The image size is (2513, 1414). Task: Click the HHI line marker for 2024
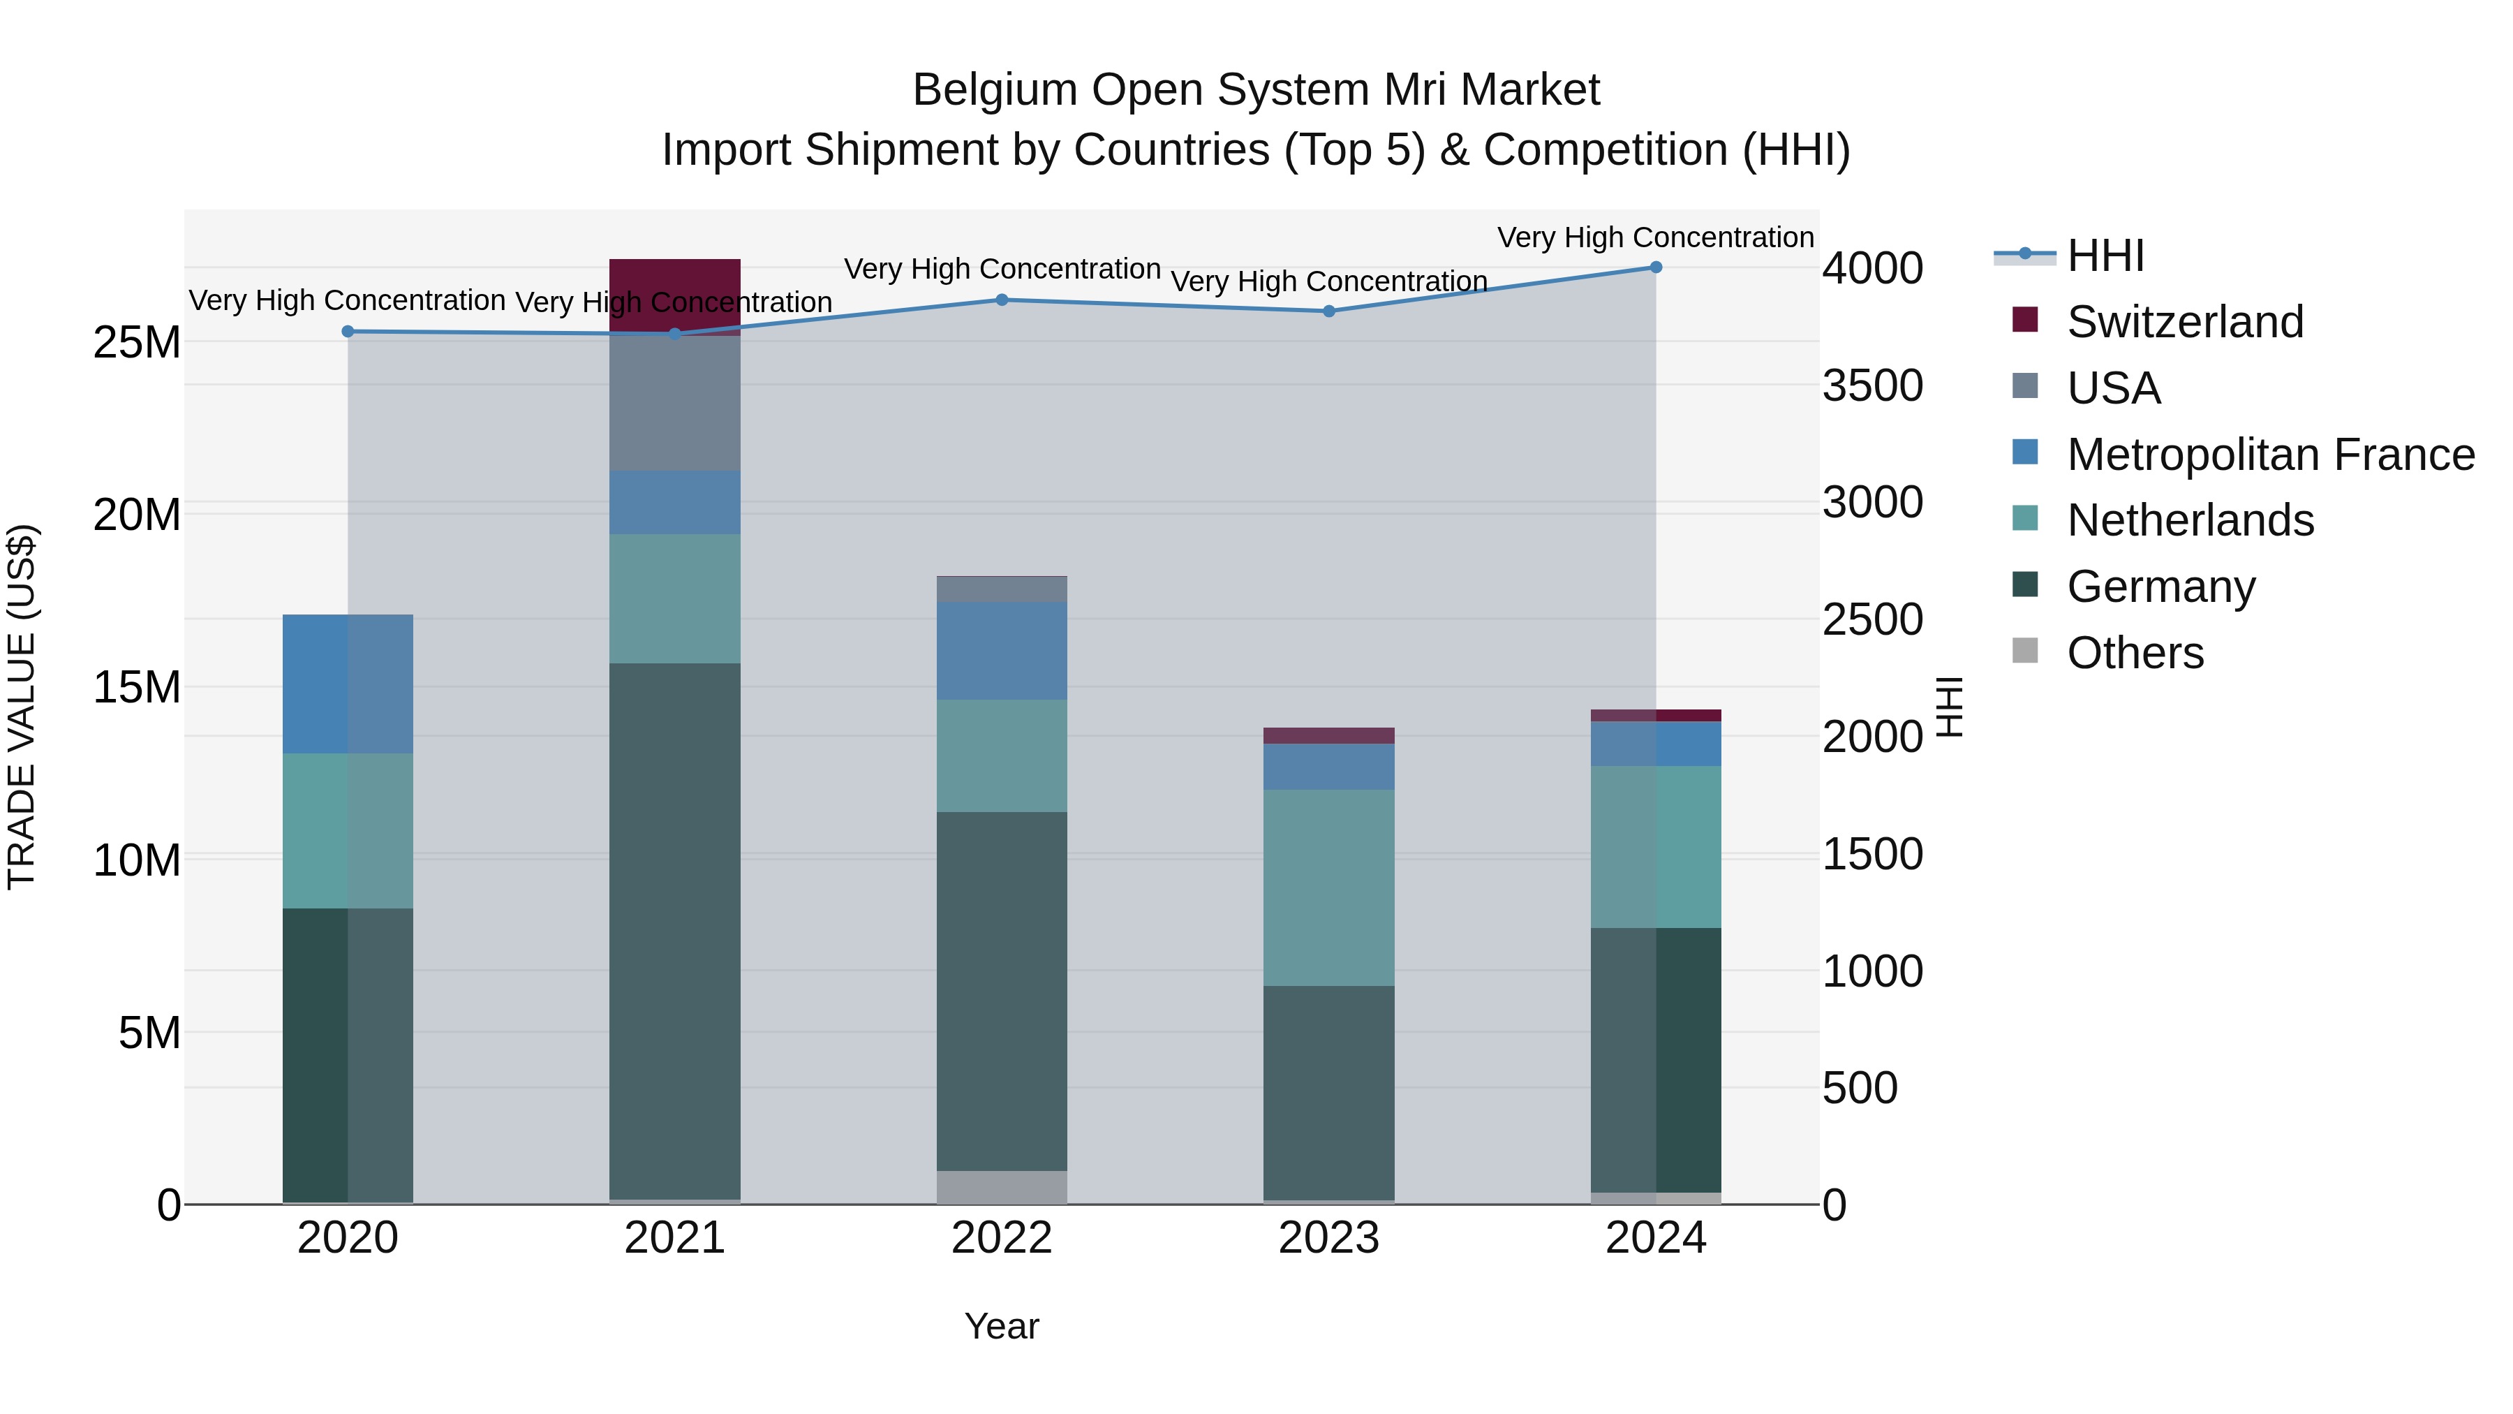1656,267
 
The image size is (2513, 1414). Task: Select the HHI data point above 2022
1002,300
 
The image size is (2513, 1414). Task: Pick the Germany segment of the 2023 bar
1328,1093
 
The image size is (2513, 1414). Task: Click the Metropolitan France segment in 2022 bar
1002,650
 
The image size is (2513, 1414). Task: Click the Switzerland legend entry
2184,322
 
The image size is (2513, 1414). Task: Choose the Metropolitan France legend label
2270,455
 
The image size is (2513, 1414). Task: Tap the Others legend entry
2135,653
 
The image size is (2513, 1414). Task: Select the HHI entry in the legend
2105,256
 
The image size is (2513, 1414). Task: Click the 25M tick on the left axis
137,343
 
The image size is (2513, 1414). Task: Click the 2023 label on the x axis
1328,1238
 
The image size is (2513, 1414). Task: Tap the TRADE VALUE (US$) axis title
22,707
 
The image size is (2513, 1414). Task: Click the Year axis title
1002,1326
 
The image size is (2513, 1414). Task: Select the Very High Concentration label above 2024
1656,237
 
